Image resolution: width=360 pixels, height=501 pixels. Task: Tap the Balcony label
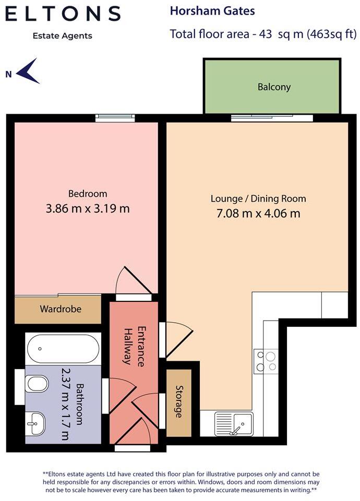[274, 87]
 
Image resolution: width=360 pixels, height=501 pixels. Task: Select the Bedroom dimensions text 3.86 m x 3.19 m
[88, 209]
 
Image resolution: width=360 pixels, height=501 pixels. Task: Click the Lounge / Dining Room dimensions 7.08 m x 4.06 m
[258, 213]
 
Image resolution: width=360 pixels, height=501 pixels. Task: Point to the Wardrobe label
[61, 309]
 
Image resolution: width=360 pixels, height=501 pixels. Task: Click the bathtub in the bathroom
[63, 349]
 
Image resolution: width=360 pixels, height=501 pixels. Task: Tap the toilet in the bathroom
[36, 383]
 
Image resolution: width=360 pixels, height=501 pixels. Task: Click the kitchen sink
[234, 424]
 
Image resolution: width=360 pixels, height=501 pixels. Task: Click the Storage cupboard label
[179, 401]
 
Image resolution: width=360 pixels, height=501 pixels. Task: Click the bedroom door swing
[133, 280]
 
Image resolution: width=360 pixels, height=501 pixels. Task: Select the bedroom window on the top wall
[115, 118]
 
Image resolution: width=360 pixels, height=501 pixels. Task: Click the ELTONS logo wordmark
[63, 14]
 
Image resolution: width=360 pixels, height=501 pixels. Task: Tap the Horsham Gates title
[212, 11]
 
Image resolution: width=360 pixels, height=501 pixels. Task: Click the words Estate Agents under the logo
[62, 36]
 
